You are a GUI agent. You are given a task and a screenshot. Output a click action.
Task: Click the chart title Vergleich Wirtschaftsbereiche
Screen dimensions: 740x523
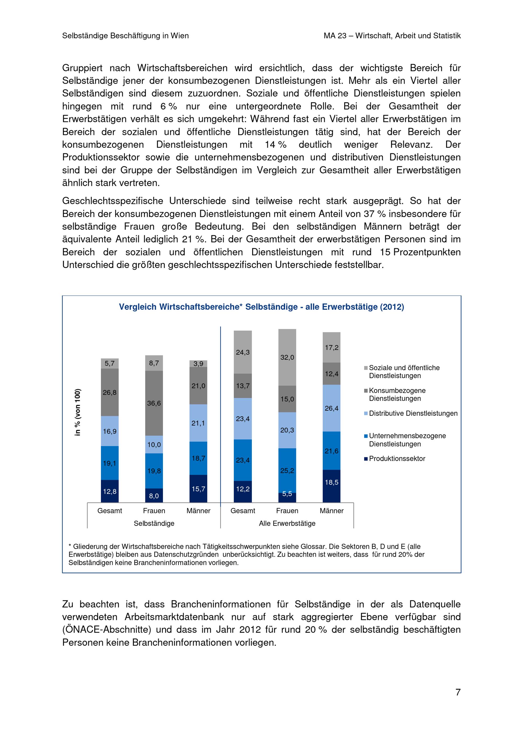[x=261, y=307]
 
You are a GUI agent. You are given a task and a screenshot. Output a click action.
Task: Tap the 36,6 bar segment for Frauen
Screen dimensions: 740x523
[x=154, y=403]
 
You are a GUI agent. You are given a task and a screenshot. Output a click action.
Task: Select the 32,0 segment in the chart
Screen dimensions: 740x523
[x=287, y=357]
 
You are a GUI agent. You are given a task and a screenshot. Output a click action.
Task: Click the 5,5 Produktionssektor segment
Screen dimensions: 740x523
[x=287, y=497]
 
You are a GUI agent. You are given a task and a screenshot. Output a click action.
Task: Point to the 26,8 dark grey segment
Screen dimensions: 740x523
[x=110, y=392]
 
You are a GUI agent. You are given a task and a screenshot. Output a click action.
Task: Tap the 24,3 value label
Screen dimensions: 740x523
[x=243, y=352]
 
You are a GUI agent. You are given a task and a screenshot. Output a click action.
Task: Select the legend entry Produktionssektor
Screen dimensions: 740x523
[x=397, y=459]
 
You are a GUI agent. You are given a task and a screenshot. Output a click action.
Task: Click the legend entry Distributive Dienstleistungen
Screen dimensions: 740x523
[x=413, y=413]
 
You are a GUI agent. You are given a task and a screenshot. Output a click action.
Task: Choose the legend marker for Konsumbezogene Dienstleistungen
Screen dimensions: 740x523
[x=366, y=391]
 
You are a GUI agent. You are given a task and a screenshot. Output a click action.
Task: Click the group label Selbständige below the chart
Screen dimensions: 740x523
[x=154, y=523]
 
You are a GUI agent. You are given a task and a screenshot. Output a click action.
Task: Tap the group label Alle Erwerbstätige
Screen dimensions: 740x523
[x=287, y=523]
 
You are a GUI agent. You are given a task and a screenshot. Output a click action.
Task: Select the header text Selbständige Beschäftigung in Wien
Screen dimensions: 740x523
[x=125, y=36]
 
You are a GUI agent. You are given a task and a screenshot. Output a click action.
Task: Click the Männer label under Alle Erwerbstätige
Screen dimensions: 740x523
[x=332, y=511]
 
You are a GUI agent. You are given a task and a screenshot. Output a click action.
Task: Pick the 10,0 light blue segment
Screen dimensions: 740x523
[x=154, y=445]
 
